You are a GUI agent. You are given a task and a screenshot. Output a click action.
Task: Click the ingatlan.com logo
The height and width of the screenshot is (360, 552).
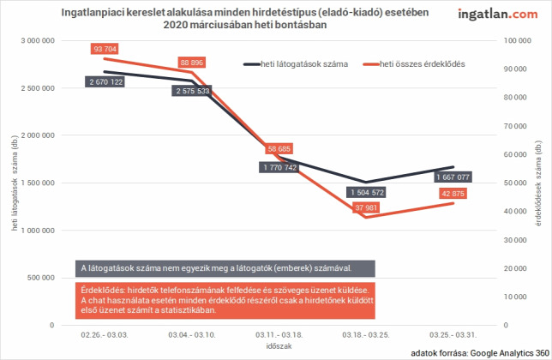[x=498, y=14]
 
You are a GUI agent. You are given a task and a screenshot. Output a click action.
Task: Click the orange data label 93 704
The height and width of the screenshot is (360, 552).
[x=105, y=49]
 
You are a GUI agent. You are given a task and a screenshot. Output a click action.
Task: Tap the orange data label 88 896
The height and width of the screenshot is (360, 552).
[x=191, y=63]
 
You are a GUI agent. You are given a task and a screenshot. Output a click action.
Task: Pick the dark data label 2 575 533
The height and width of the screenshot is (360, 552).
[x=193, y=91]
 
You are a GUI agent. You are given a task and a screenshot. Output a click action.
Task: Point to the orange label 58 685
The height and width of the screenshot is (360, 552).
[x=279, y=149]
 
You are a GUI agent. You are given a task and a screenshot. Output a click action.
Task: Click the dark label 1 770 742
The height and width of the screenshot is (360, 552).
[x=280, y=167]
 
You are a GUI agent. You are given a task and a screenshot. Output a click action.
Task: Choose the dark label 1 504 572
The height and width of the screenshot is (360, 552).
[x=367, y=193]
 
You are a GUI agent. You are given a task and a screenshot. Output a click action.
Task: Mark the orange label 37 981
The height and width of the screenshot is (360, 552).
[x=366, y=207]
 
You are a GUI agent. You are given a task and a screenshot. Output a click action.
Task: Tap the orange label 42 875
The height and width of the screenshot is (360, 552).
[x=453, y=194]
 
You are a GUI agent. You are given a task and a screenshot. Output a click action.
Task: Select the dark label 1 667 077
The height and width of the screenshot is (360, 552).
[x=453, y=177]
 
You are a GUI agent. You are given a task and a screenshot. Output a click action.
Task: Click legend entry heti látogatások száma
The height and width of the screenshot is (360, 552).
[x=296, y=64]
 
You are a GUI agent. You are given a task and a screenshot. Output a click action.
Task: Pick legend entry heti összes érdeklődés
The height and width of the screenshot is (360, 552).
[x=414, y=64]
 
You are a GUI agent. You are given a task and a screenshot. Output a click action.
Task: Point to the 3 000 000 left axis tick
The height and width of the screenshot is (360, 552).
[x=38, y=40]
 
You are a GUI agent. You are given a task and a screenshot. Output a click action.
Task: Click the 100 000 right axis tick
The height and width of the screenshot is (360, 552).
[x=517, y=40]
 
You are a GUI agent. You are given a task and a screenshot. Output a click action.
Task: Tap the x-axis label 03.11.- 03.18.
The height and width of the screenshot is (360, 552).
[x=279, y=334]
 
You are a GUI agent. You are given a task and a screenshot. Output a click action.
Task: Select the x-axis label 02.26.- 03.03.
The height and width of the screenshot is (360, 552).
[x=105, y=334]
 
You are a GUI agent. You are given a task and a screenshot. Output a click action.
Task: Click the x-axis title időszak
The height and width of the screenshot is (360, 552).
[x=279, y=346]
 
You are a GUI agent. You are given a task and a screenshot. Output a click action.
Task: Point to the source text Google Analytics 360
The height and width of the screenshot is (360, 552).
[x=510, y=353]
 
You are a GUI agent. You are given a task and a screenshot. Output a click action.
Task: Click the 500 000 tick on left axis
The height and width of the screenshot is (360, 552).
[x=40, y=278]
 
